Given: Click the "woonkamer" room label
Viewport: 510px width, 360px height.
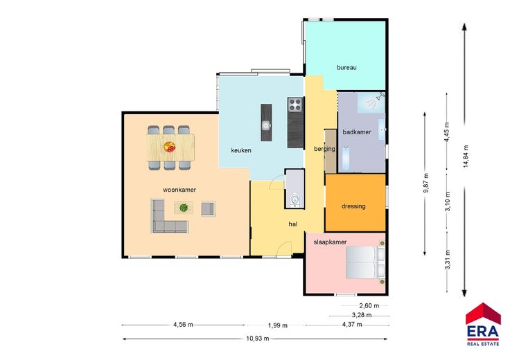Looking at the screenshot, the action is (x=179, y=190).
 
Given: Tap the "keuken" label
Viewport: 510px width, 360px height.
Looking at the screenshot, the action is (x=241, y=150).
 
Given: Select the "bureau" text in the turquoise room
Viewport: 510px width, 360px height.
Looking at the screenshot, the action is (x=346, y=68).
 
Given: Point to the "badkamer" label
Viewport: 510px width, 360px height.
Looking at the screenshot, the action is (x=357, y=132).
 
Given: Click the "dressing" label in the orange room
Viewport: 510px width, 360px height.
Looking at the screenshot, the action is (x=353, y=206).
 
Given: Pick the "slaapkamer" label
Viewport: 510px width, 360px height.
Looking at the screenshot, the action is (x=330, y=242).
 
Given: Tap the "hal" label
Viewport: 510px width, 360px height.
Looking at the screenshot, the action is (x=292, y=224).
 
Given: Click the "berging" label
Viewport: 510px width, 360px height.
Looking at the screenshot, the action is (x=324, y=149).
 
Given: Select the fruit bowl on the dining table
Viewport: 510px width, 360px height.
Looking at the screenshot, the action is (x=170, y=147).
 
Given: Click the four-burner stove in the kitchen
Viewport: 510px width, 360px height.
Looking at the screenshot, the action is (x=295, y=105).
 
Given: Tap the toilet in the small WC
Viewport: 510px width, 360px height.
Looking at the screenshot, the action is (x=295, y=199).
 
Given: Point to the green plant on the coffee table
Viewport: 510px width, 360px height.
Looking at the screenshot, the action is (x=184, y=207).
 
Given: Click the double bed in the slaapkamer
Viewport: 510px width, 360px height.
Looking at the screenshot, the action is (x=365, y=262).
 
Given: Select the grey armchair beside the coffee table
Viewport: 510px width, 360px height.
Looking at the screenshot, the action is (x=207, y=209).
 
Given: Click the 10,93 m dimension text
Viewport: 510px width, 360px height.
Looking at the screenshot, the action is (x=258, y=339).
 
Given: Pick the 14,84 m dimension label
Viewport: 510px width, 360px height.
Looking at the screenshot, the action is (x=466, y=156).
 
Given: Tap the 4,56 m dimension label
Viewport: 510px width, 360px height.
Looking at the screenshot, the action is (x=183, y=324).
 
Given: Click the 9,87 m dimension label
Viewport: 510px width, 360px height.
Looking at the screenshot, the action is (x=425, y=183).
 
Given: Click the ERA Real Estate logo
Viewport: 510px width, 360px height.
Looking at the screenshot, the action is (x=483, y=324).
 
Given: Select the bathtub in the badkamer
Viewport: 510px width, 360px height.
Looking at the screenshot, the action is (x=345, y=158).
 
